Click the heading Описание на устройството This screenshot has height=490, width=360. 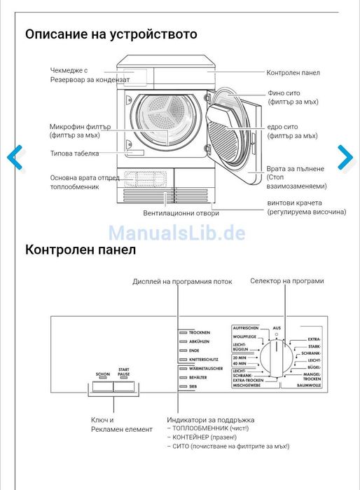pyautogui.click(x=111, y=34)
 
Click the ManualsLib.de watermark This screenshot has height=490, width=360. pyautogui.click(x=176, y=232)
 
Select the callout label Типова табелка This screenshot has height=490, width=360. pyautogui.click(x=74, y=154)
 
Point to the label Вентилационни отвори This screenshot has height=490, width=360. pyautogui.click(x=181, y=213)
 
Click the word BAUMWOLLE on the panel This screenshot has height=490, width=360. pyautogui.click(x=308, y=385)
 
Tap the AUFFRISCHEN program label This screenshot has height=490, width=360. pyautogui.click(x=246, y=327)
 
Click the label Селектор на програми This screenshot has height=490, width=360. pyautogui.click(x=287, y=281)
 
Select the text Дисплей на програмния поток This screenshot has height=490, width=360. pyautogui.click(x=182, y=282)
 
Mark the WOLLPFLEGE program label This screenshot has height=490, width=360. pyautogui.click(x=246, y=336)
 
